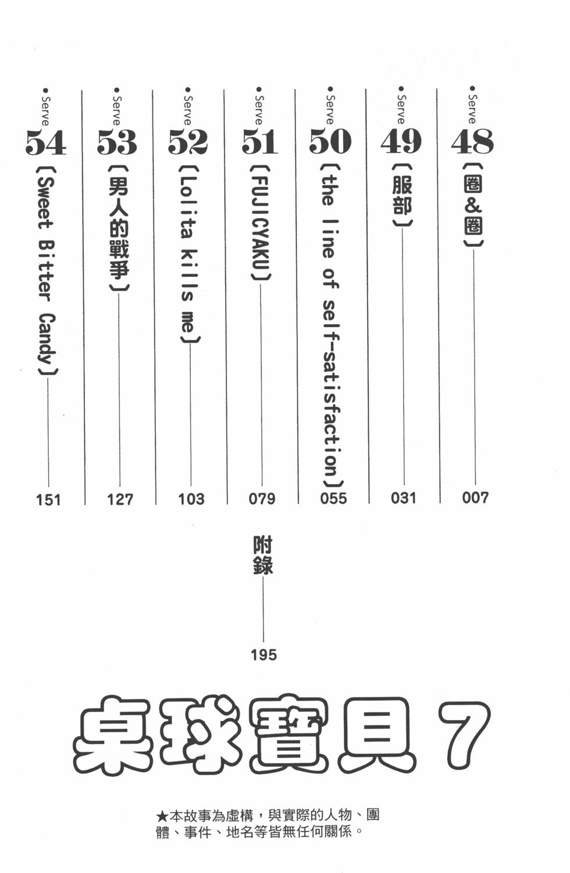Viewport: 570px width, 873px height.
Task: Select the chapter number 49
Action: [x=401, y=141]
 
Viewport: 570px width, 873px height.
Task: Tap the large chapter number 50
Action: [x=330, y=141]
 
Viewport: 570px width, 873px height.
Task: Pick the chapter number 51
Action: [x=259, y=141]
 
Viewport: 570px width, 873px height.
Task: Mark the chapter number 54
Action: [x=46, y=142]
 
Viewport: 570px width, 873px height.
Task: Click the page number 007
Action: [x=475, y=498]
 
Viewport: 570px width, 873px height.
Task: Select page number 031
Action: [x=404, y=498]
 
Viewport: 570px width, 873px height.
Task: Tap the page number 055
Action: [x=333, y=498]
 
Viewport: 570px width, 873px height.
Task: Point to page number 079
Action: [x=262, y=499]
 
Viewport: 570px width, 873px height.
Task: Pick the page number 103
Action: [x=191, y=499]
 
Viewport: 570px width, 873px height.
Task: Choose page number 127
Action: [x=120, y=500]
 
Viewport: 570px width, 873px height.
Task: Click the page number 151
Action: [x=48, y=500]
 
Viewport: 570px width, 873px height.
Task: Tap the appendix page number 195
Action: [x=264, y=655]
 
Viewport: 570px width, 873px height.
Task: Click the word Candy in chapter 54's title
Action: [x=47, y=338]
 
